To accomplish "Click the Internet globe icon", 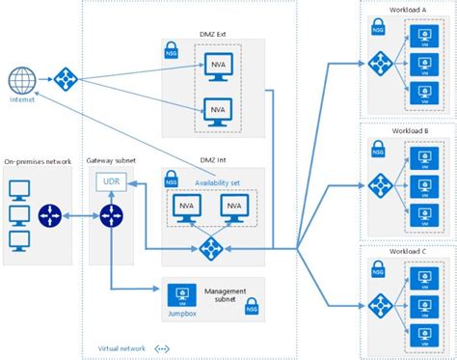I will click(x=19, y=79).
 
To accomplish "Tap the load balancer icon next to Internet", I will click(x=65, y=79).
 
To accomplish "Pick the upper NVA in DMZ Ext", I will click(x=219, y=67).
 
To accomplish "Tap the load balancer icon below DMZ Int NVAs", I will click(x=210, y=249).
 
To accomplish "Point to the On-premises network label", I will click(x=38, y=160).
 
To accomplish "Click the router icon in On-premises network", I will click(x=49, y=215).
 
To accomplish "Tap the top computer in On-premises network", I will click(x=19, y=187).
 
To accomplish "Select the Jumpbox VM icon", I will click(x=177, y=294).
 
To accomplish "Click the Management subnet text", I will click(x=226, y=293).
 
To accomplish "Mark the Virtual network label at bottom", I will click(x=121, y=348).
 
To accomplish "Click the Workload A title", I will click(x=409, y=9).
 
